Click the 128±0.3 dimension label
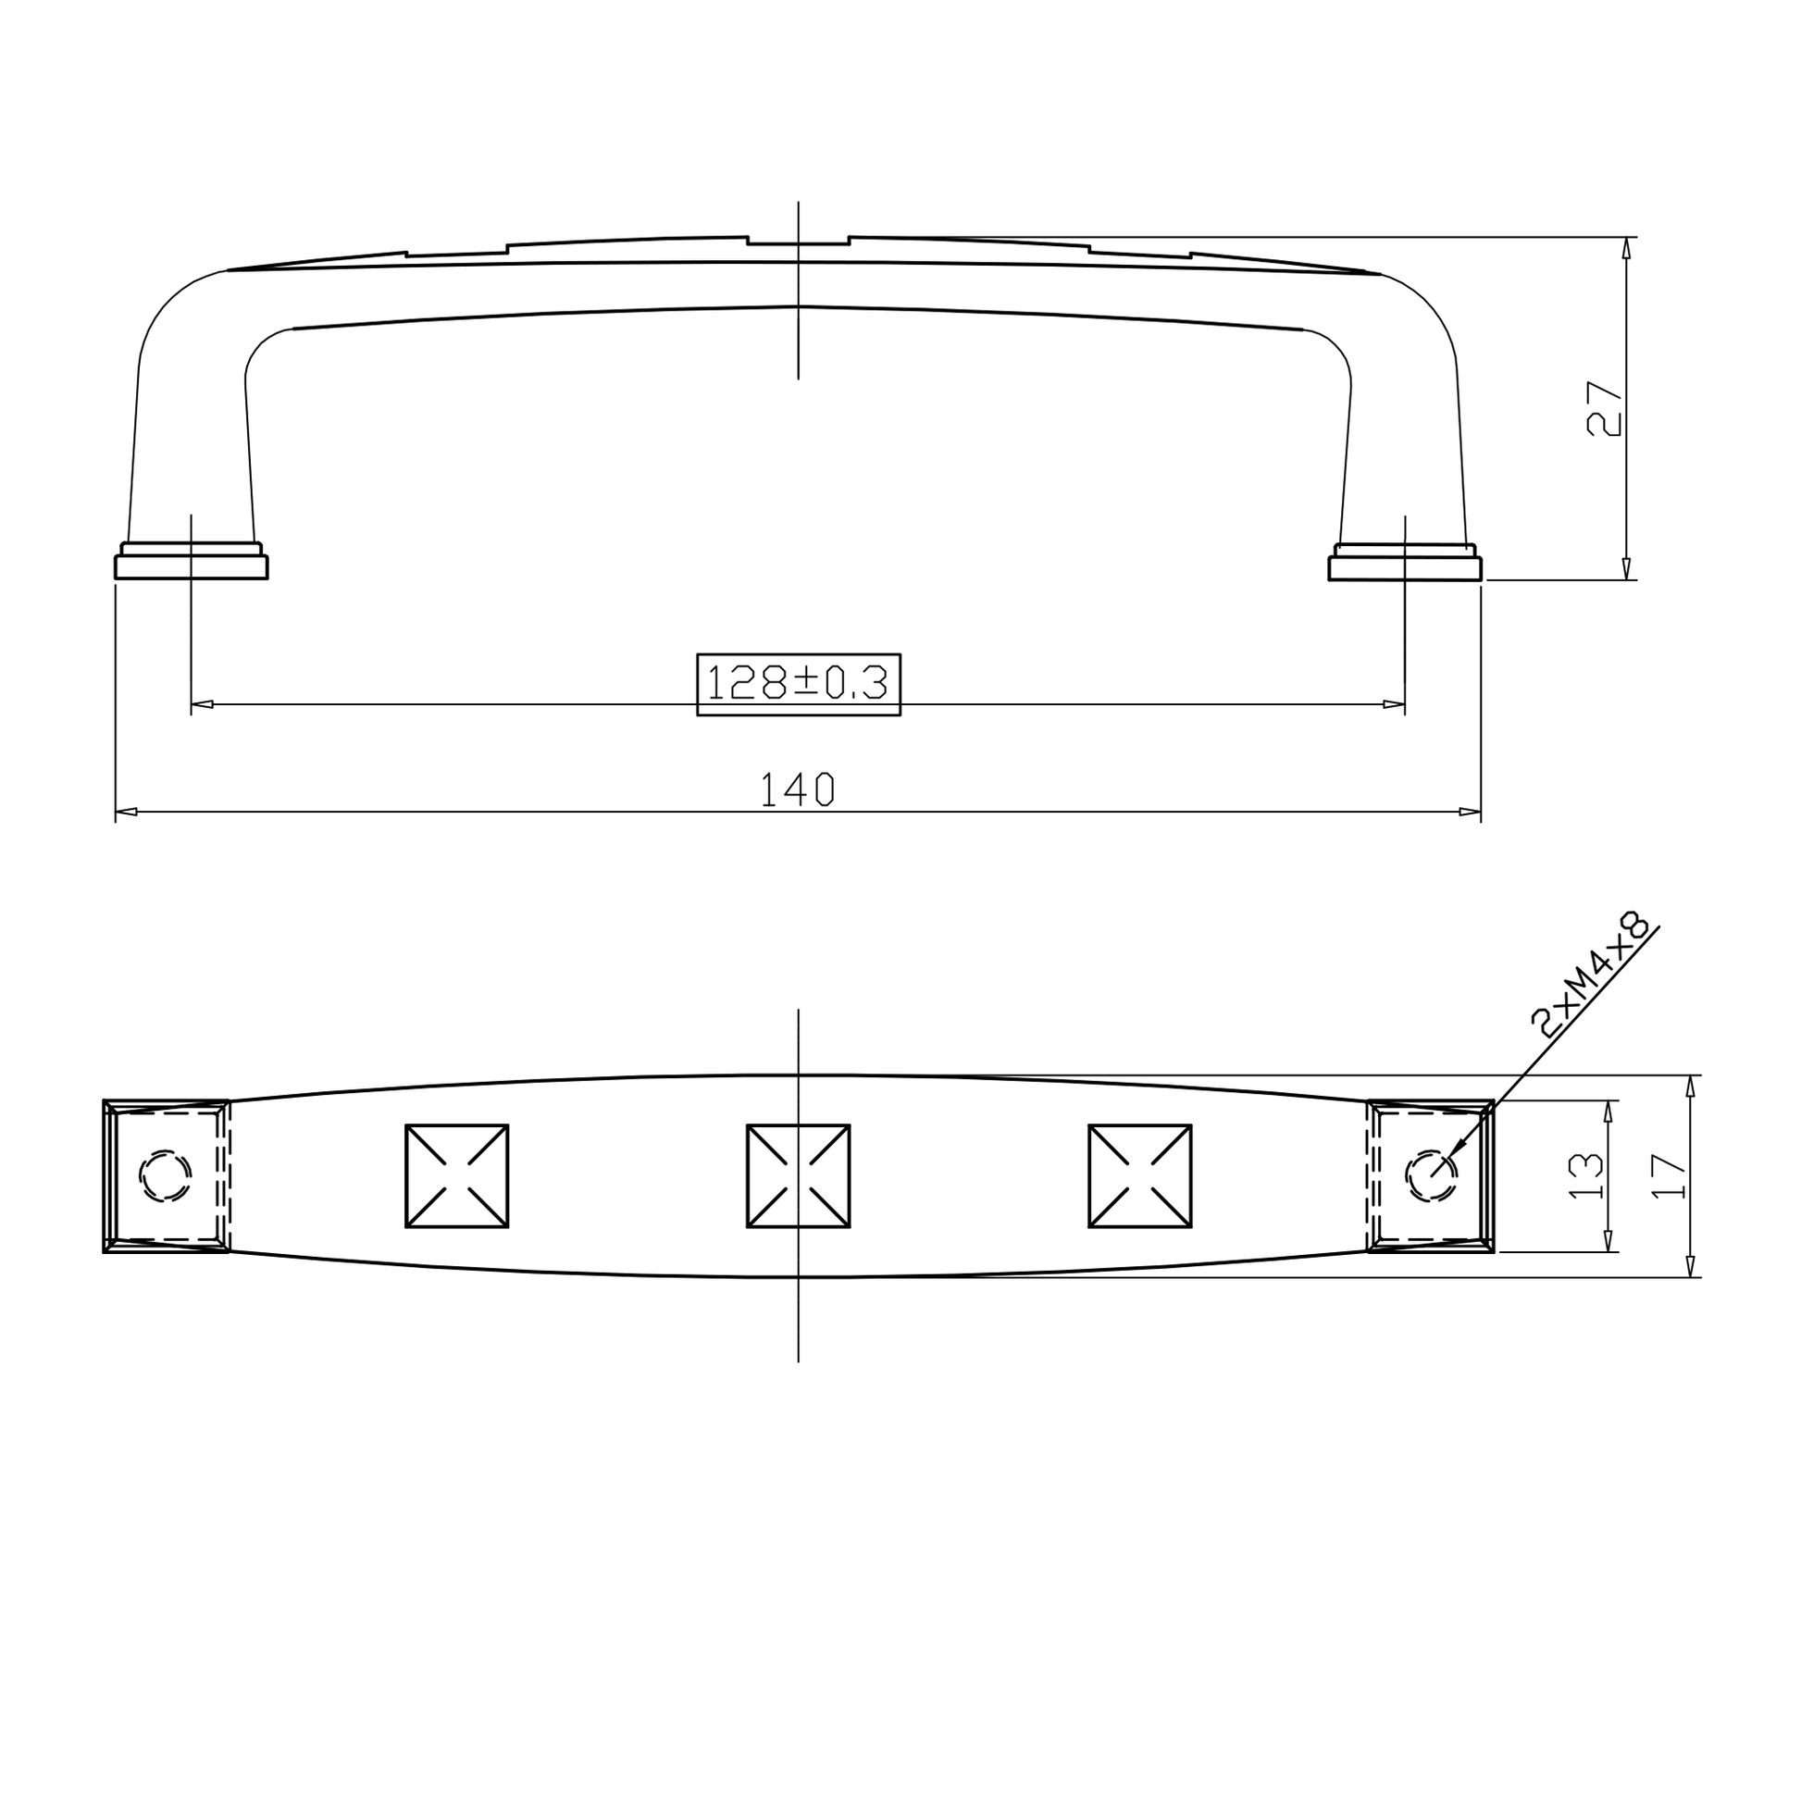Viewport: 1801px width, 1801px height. pos(798,683)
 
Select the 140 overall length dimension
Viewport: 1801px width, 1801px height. pos(798,789)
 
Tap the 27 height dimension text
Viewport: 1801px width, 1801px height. pos(1603,408)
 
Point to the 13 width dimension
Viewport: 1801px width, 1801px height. pos(1584,1175)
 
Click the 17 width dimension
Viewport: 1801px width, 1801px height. pos(1668,1175)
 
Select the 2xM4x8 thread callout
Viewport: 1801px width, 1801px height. pos(1590,975)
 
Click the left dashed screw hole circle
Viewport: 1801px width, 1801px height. pos(165,1175)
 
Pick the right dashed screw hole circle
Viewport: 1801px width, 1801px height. pos(1431,1175)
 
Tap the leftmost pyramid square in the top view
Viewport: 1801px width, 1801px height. pos(457,1175)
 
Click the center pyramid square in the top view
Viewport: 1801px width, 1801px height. pos(798,1175)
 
